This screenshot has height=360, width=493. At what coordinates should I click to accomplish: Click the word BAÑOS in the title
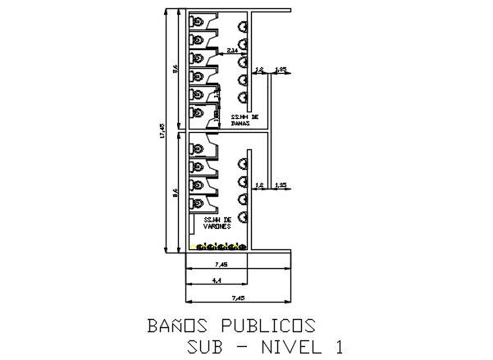[x=175, y=326]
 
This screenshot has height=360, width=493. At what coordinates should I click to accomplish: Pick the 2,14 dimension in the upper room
[x=232, y=51]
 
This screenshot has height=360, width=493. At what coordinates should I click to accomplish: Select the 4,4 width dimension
[x=217, y=280]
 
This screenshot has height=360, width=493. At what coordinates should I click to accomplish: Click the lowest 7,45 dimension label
[x=238, y=297]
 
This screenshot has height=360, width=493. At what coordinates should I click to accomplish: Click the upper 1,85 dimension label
[x=281, y=71]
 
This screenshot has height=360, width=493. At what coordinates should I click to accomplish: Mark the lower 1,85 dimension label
[x=281, y=185]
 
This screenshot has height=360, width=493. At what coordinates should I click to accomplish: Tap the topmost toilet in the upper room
[x=198, y=22]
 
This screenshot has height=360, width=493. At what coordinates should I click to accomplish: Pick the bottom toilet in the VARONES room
[x=198, y=203]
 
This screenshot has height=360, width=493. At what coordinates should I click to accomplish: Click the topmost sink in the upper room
[x=243, y=26]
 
